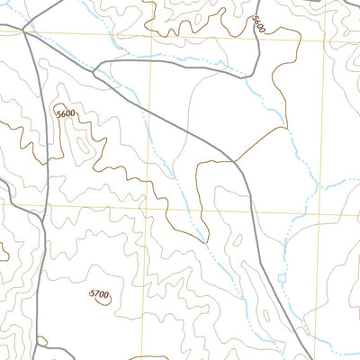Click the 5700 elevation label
coord(99,294)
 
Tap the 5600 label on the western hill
coord(66,114)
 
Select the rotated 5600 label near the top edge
coord(259,25)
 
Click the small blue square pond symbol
coord(283,279)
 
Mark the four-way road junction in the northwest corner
coord(23,30)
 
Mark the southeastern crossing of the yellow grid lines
coord(321,214)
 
